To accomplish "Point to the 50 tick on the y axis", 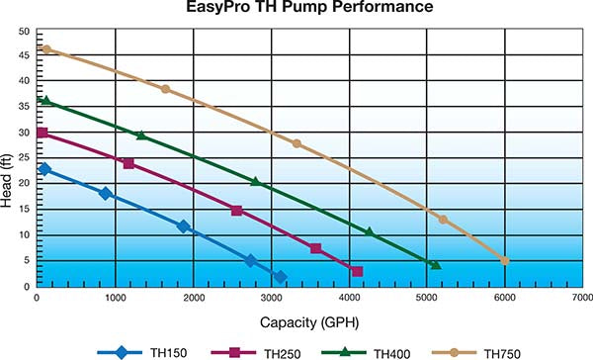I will [24, 31].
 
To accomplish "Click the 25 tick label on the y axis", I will [24, 158].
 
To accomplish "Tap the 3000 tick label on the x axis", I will [271, 297].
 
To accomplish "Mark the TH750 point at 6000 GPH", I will [505, 261].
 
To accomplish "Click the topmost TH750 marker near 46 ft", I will [45, 49].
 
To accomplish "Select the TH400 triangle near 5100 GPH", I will [435, 264].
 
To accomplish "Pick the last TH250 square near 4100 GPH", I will [357, 272].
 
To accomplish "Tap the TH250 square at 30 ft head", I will [42, 133].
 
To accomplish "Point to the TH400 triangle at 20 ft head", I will [255, 182].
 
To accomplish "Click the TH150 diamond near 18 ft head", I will [106, 194].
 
